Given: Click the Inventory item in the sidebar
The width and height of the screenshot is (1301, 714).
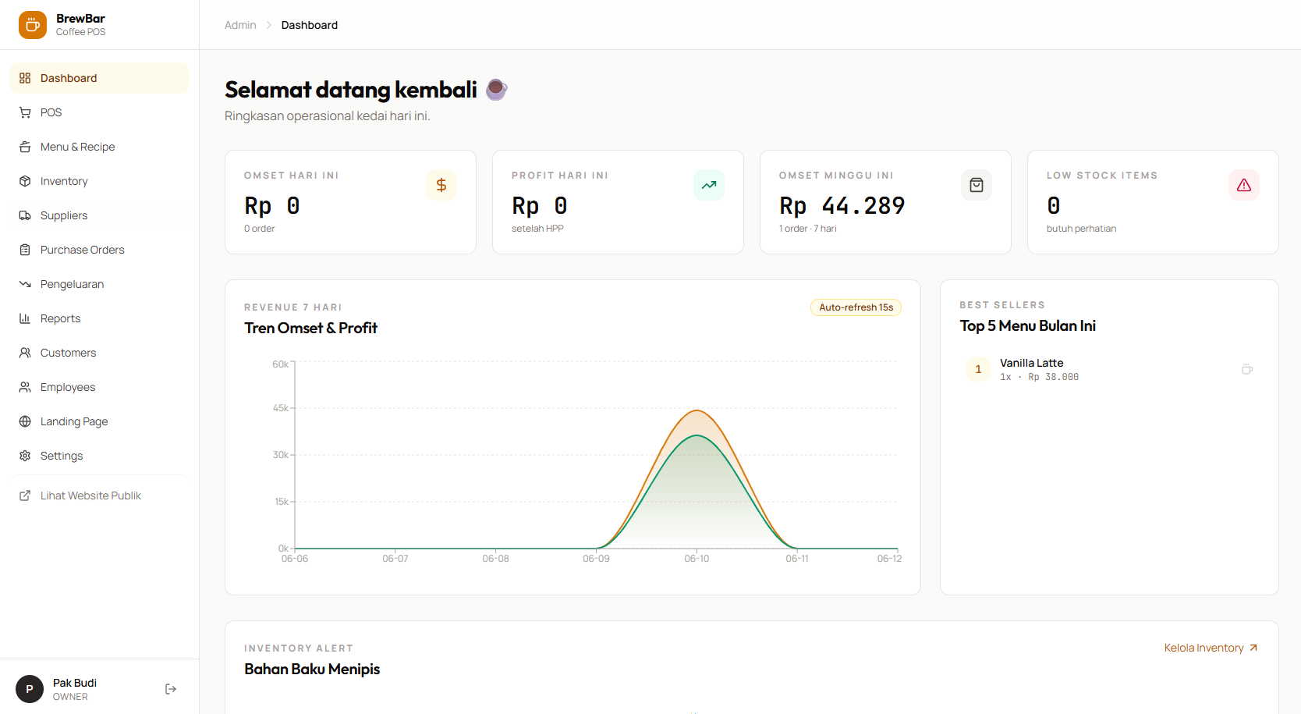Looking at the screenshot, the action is [x=64, y=181].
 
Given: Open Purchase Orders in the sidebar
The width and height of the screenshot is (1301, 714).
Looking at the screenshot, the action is [x=82, y=250].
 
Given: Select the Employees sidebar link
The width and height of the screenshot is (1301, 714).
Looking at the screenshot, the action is [x=67, y=387].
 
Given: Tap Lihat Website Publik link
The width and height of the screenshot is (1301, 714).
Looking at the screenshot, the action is [x=90, y=496].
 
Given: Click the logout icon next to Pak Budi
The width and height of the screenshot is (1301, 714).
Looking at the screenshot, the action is [x=171, y=689].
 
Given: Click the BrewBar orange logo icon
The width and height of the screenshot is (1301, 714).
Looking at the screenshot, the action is [x=33, y=25].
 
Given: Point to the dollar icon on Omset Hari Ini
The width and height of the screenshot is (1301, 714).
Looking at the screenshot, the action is [x=441, y=185].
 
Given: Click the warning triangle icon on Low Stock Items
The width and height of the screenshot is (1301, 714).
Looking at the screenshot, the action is [x=1244, y=185].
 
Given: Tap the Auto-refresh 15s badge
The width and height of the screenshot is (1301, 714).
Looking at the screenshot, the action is [x=856, y=307].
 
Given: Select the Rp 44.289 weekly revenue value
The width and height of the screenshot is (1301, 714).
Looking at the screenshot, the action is [x=842, y=206].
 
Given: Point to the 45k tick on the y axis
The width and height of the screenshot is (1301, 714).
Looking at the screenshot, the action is [x=281, y=408].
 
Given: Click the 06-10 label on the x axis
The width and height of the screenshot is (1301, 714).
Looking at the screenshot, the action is [x=697, y=559].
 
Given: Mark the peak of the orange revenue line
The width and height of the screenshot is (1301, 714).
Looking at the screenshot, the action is [x=697, y=410].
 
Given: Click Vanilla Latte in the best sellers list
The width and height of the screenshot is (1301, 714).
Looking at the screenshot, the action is [x=1031, y=363].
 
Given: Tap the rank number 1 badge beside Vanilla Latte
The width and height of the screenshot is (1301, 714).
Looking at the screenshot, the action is [x=978, y=370].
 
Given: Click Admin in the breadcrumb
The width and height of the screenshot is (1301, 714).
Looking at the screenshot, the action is [x=240, y=25].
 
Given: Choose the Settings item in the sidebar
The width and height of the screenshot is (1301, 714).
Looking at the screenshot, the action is [x=62, y=456].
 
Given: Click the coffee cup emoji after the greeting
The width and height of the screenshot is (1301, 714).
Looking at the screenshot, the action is [x=497, y=90].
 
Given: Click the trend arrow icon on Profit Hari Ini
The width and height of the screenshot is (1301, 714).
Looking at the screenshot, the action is [x=708, y=185].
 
